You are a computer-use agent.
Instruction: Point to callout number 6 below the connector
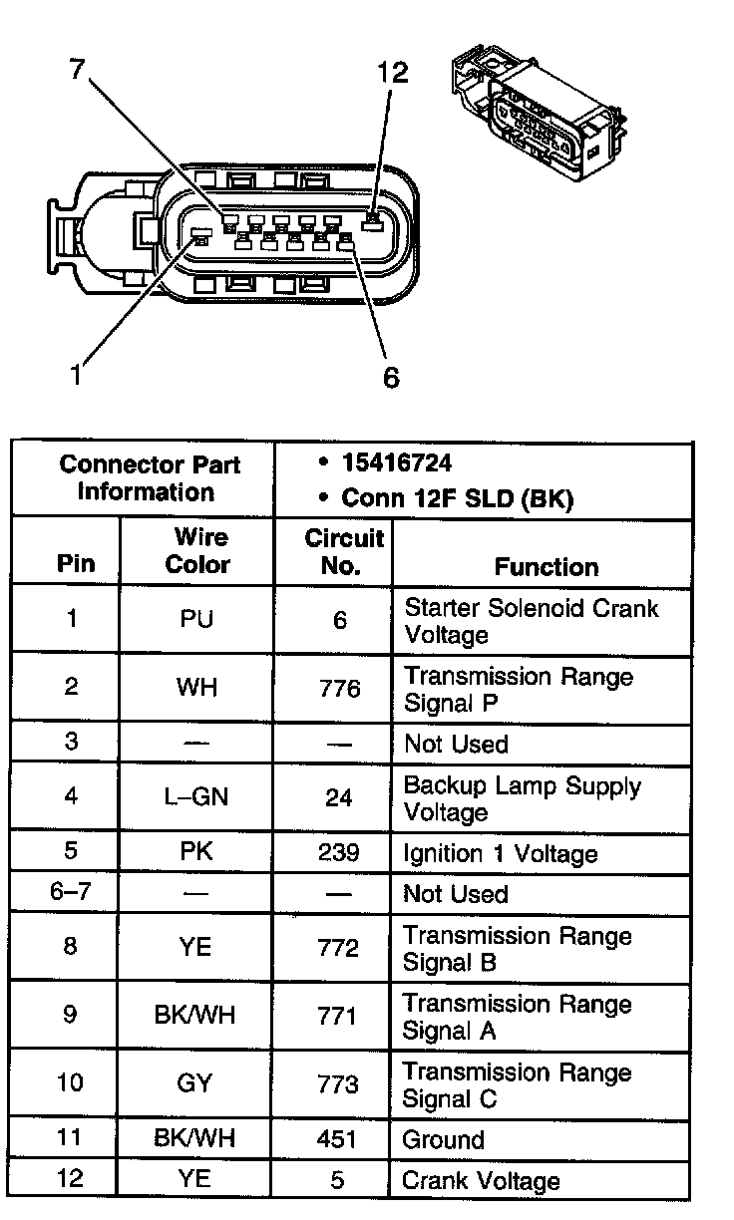coord(391,377)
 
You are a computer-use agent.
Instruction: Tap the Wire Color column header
coord(196,551)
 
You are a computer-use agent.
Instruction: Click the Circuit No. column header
coord(343,551)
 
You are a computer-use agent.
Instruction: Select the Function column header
coord(547,566)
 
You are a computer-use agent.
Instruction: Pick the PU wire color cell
coord(196,620)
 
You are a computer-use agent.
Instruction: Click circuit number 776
coord(340,689)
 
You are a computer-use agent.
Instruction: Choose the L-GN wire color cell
coord(196,797)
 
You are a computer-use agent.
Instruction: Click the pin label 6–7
coord(70,891)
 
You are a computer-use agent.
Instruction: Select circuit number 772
coord(340,948)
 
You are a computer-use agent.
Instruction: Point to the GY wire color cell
coord(196,1083)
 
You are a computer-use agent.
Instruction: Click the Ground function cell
coord(443,1139)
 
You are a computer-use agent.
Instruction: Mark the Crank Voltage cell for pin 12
coord(481,1181)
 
